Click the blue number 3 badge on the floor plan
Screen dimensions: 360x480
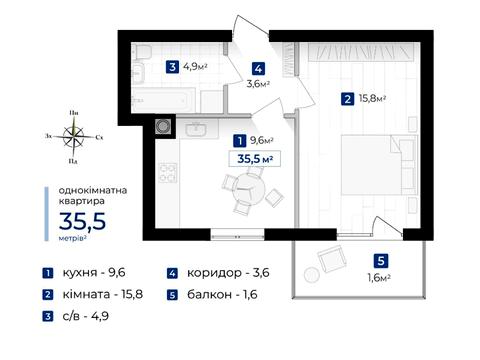pyautogui.click(x=173, y=67)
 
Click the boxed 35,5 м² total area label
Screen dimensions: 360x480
pyautogui.click(x=255, y=157)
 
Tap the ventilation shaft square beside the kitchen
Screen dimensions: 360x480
pyautogui.click(x=164, y=127)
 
